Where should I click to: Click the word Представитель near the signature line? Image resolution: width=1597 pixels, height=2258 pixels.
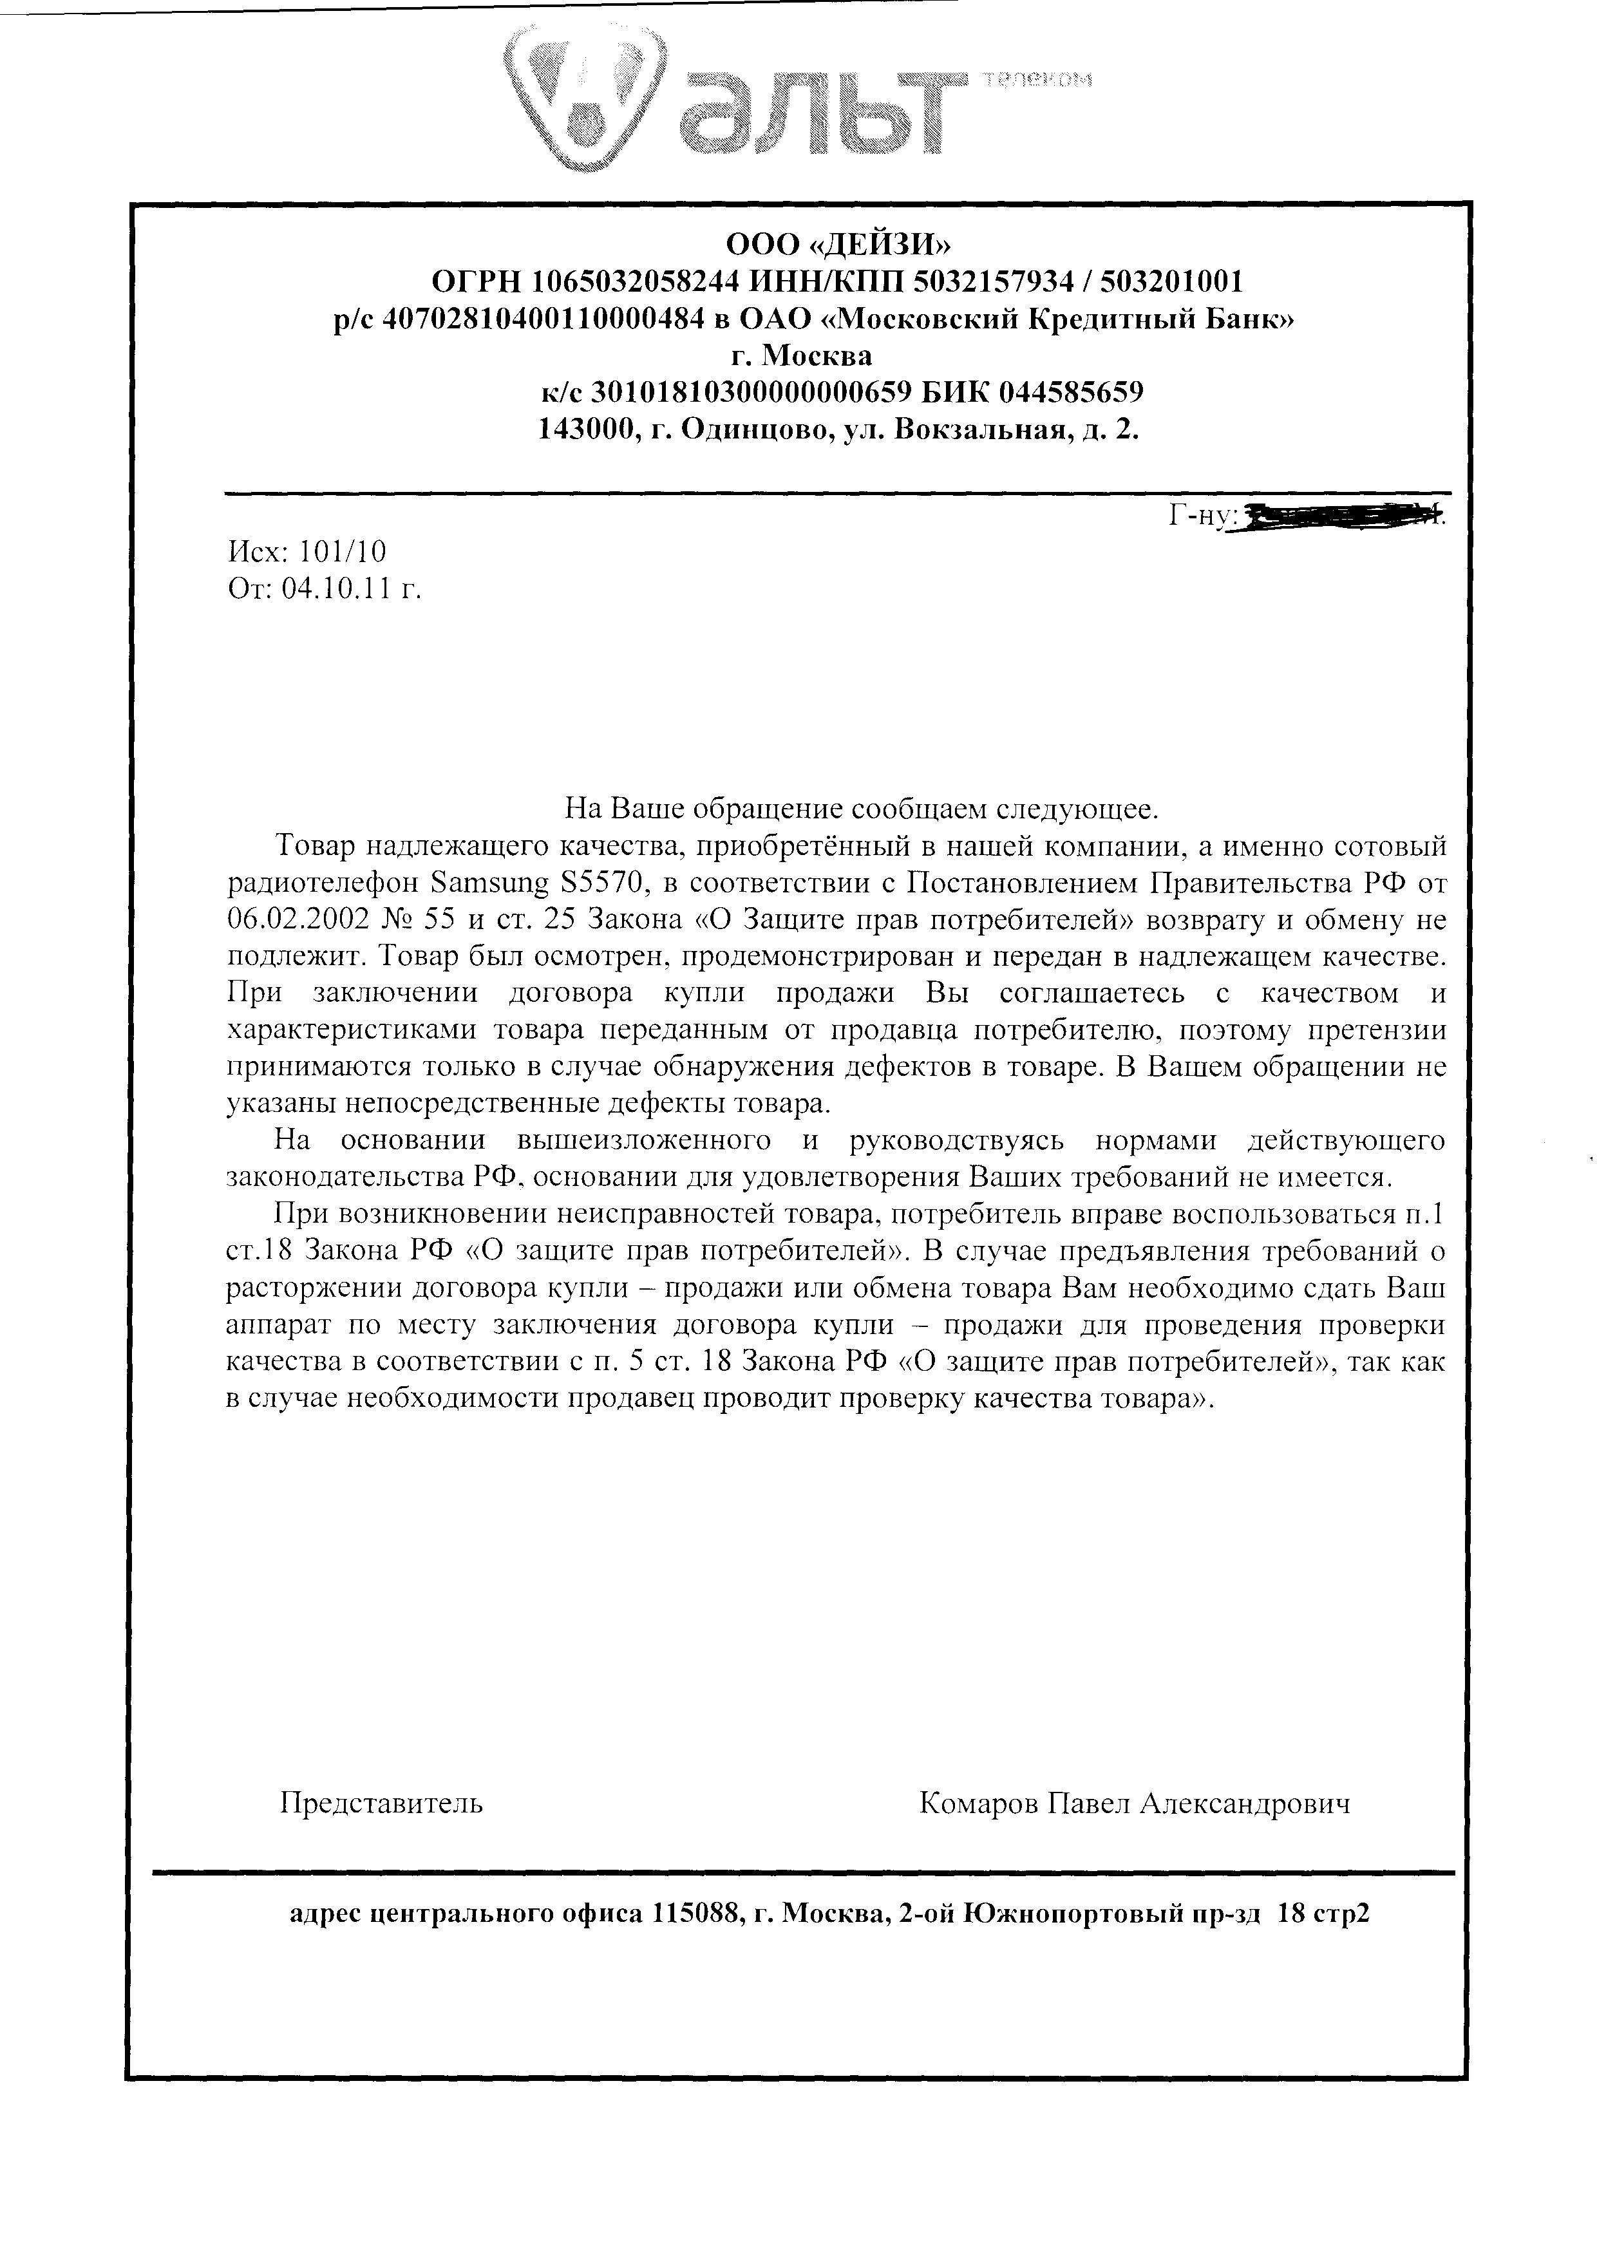click(x=382, y=1803)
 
